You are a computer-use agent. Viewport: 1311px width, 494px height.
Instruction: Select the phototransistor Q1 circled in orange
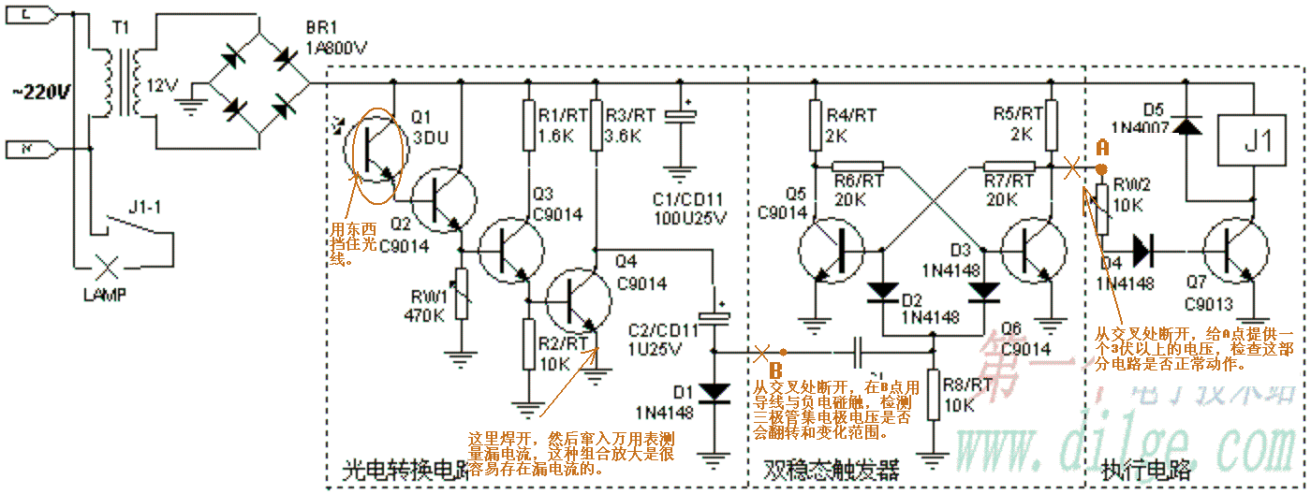(374, 154)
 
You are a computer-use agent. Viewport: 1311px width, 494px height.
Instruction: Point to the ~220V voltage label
(41, 92)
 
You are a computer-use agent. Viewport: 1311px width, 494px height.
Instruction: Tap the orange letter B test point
(776, 370)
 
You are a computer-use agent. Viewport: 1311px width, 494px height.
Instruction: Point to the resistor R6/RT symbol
(858, 167)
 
